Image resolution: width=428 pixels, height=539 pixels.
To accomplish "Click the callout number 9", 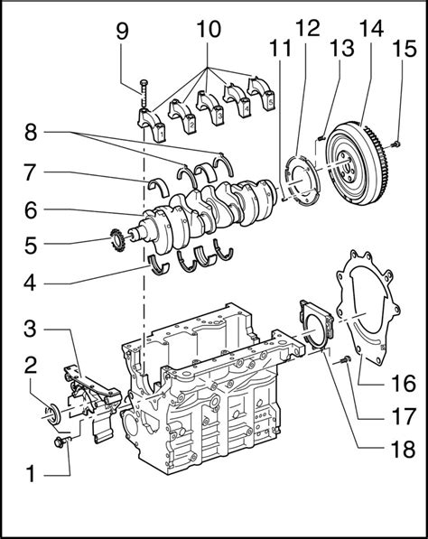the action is [x=122, y=31].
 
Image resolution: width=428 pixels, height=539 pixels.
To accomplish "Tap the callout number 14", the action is [x=371, y=28].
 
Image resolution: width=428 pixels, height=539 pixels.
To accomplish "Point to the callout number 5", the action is [x=31, y=246].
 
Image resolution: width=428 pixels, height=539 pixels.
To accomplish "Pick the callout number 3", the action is [x=30, y=329].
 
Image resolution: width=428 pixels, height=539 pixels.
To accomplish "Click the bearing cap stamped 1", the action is [x=152, y=125].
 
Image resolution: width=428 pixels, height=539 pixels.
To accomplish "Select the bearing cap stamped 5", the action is [x=261, y=94].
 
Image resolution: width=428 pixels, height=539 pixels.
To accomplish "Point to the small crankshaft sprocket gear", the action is [x=117, y=240].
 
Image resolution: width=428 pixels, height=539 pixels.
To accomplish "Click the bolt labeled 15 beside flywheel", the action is [x=396, y=144].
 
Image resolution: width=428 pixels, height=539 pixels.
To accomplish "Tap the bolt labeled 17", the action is [x=345, y=360].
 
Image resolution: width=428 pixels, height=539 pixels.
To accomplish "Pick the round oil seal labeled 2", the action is [x=53, y=414].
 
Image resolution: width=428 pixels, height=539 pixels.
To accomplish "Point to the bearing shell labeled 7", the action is [x=158, y=186].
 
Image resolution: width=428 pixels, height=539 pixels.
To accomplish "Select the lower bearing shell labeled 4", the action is [x=159, y=265].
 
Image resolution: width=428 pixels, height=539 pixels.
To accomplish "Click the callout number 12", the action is [x=308, y=28].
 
